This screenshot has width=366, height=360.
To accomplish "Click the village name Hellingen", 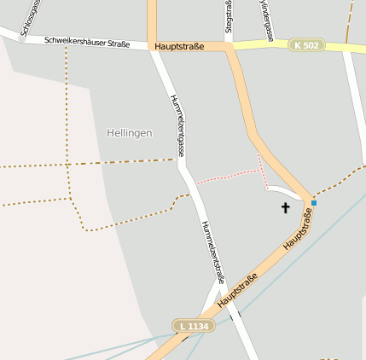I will pos(130,133).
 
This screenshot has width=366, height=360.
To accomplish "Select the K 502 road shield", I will pos(307,44).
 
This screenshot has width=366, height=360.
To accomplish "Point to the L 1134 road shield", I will pos(194,326).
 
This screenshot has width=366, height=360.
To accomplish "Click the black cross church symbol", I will pos(285,207).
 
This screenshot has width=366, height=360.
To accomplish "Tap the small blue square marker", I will pos(313,203).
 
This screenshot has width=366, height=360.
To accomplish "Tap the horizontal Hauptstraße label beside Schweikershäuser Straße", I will pos(180,46).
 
